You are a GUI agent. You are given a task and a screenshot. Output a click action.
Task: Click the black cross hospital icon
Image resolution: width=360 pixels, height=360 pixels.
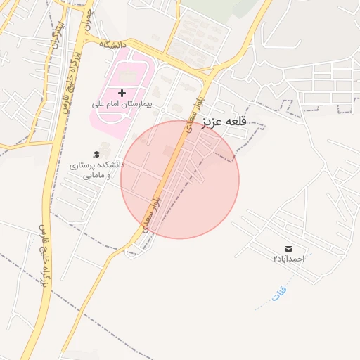[122, 93]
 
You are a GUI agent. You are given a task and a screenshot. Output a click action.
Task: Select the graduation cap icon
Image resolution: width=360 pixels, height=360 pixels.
[96, 155]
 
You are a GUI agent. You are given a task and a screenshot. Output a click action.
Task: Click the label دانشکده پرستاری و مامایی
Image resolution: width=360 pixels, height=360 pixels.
[96, 169]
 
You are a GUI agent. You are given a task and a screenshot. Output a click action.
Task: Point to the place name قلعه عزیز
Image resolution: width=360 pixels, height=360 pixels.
[226, 122]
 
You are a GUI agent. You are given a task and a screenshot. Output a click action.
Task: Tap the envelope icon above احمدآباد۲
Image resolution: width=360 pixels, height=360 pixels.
[289, 249]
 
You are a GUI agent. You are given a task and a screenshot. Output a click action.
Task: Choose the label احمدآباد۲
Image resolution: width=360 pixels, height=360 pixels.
[289, 259]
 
